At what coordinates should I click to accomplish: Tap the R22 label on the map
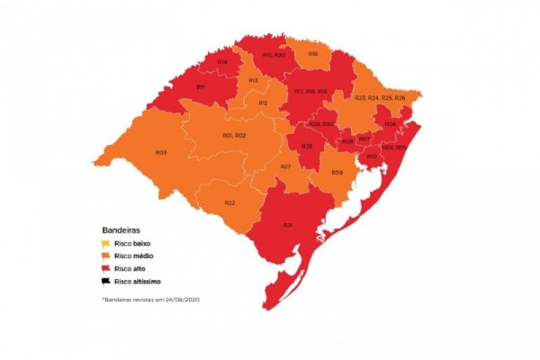(229, 202)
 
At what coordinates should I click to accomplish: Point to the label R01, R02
(234, 135)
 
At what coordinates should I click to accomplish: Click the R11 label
(202, 87)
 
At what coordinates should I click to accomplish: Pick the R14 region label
(222, 61)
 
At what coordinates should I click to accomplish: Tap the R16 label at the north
(313, 54)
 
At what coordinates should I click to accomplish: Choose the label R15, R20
(274, 55)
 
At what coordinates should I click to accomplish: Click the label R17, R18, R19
(310, 91)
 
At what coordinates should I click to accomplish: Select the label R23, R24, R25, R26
(379, 97)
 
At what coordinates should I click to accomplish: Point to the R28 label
(307, 146)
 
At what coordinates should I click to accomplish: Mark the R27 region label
(285, 167)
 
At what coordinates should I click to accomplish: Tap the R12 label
(263, 103)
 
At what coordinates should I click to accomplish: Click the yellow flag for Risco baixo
(105, 244)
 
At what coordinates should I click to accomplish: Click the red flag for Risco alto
(105, 269)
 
